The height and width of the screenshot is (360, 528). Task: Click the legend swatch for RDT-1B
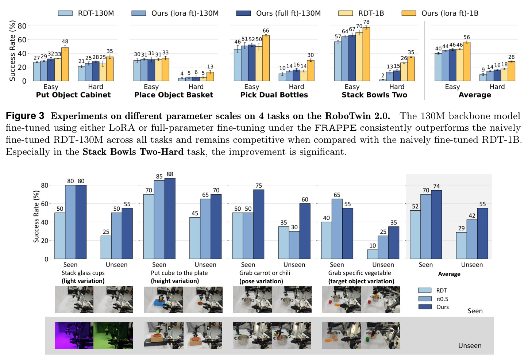click(x=345, y=13)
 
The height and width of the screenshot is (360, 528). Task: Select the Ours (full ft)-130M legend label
click(x=288, y=13)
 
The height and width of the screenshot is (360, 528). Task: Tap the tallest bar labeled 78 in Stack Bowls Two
click(x=366, y=54)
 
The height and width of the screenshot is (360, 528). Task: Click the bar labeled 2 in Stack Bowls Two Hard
click(x=382, y=80)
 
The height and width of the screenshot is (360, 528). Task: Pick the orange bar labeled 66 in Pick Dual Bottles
click(x=266, y=58)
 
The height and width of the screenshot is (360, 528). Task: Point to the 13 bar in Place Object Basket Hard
click(x=210, y=76)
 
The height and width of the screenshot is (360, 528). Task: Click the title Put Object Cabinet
click(x=73, y=95)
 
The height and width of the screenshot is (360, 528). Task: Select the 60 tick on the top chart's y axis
click(x=22, y=40)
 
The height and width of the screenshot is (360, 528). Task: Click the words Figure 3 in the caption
click(x=25, y=116)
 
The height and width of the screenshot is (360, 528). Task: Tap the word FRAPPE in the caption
click(x=335, y=128)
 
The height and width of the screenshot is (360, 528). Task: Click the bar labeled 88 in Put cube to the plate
click(x=170, y=218)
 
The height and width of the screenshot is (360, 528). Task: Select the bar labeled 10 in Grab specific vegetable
click(x=373, y=254)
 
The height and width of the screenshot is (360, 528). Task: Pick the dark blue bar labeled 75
click(x=259, y=224)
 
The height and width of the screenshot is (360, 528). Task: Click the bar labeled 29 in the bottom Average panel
click(x=461, y=246)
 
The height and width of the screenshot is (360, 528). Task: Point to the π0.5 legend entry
click(x=433, y=299)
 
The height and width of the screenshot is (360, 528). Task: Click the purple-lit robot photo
click(x=74, y=335)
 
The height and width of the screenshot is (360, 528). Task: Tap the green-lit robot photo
click(x=113, y=335)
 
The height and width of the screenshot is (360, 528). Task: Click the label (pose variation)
click(x=261, y=281)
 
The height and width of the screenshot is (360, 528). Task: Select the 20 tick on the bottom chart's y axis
click(x=44, y=241)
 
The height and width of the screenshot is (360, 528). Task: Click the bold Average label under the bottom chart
click(x=449, y=274)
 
